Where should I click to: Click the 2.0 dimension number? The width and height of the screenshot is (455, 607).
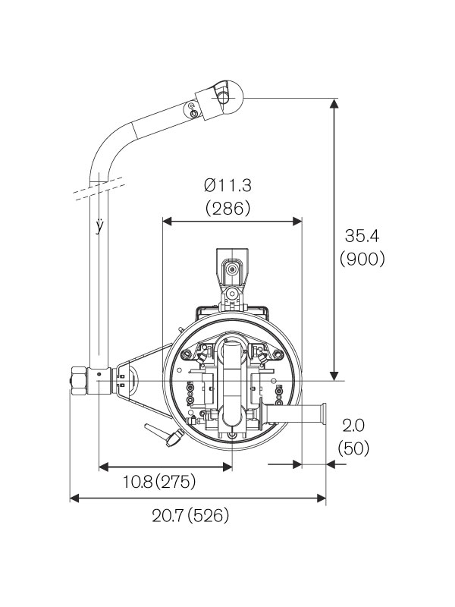click(353, 425)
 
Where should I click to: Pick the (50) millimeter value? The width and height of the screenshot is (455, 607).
click(353, 448)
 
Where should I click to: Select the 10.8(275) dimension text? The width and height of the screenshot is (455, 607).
click(158, 481)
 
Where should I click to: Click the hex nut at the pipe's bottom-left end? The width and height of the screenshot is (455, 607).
click(77, 379)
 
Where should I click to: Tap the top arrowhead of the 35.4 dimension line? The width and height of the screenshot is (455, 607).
click(333, 104)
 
